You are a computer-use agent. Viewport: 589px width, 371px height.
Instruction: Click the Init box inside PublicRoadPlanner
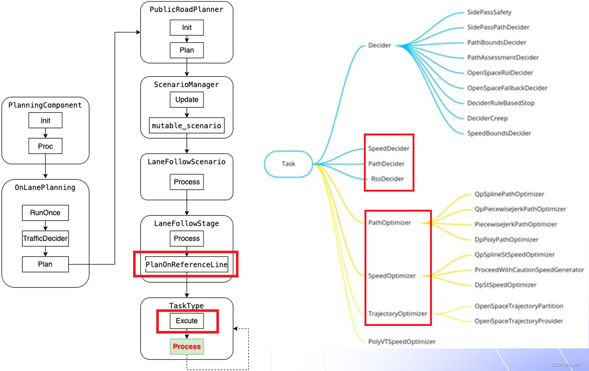186,27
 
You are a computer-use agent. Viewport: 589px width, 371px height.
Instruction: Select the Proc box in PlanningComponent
45,146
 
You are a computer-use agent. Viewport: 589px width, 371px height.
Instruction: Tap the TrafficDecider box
45,238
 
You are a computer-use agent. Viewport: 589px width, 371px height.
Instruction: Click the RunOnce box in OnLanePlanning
45,213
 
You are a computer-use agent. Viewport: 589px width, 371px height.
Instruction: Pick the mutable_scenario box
186,126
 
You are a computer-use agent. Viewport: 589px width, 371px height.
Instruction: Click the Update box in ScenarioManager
186,100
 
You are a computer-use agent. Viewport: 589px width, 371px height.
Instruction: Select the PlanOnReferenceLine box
186,264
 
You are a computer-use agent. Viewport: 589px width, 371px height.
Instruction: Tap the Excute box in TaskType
186,321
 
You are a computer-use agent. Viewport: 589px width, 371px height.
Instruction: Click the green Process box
186,347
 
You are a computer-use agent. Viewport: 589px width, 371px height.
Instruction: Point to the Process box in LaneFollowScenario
186,182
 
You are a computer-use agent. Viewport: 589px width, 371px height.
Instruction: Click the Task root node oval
288,164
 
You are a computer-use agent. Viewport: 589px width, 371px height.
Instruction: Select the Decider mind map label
379,45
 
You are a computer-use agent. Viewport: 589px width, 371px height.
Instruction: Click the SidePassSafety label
489,12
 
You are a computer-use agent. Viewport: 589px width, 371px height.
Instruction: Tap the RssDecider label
387,179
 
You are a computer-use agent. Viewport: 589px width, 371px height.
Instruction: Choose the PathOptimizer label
389,223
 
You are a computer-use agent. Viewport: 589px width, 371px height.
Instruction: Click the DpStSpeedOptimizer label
505,285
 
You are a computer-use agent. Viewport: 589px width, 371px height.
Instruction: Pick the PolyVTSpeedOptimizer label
401,342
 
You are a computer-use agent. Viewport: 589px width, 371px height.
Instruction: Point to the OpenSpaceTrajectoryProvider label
518,321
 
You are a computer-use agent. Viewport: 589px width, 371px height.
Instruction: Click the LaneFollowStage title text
186,223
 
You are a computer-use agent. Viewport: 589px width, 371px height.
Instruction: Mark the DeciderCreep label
487,118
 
